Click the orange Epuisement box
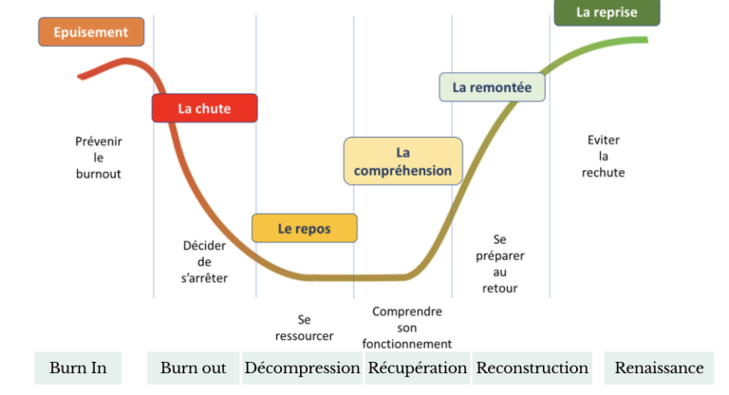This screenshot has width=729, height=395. [91, 32]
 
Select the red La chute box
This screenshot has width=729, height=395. [204, 108]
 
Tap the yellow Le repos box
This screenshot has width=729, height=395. [304, 229]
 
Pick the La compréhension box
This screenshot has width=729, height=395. [402, 161]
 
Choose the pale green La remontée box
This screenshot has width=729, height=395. [492, 87]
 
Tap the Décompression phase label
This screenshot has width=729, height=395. [302, 368]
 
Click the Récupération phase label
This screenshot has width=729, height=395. [417, 368]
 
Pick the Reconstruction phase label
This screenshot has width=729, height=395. [531, 368]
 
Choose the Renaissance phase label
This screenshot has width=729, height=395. [659, 368]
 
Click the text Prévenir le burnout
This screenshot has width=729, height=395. [99, 158]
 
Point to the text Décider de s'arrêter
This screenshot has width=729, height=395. [205, 261]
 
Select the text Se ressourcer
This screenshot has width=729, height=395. [304, 328]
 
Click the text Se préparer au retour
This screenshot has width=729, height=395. [500, 264]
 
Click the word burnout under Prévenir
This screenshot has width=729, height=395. [99, 174]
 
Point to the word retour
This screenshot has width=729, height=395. [500, 288]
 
